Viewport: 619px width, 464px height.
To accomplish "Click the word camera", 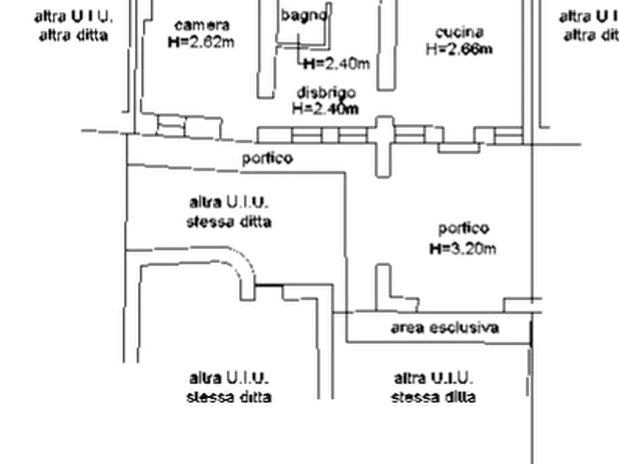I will click(201, 26).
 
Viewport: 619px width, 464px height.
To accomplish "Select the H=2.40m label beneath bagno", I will click(338, 64).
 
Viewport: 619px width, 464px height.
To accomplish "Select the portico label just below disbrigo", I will click(265, 159).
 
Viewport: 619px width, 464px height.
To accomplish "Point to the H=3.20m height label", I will click(463, 247).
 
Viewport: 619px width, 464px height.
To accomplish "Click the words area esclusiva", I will click(446, 328).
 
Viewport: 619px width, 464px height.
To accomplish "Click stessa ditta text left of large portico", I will click(228, 222).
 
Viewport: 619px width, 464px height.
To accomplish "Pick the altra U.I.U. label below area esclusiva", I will click(435, 380).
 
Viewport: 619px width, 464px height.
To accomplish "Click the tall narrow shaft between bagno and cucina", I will click(386, 45).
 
